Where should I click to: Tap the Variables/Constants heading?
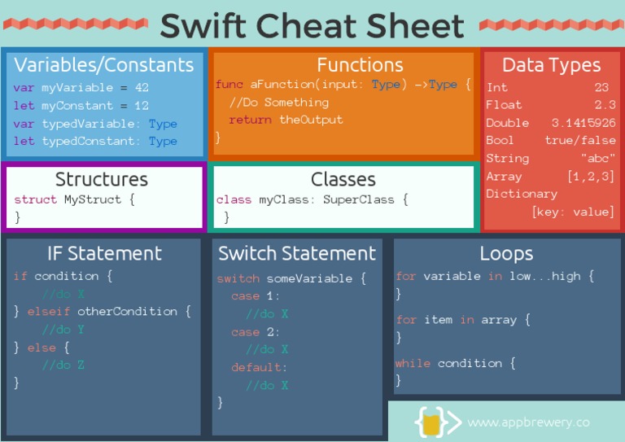(x=104, y=65)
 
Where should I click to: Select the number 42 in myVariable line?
(x=140, y=88)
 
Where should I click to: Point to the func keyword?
(x=229, y=85)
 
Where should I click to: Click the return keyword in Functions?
(x=251, y=120)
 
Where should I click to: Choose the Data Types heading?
(x=551, y=65)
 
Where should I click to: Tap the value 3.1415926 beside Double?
(x=583, y=123)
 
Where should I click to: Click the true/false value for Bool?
(x=579, y=141)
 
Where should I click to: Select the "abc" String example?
(x=597, y=159)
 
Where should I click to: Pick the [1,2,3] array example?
(x=591, y=177)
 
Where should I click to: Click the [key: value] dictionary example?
(x=573, y=212)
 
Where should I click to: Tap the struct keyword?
(x=35, y=199)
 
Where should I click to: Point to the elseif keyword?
(x=49, y=312)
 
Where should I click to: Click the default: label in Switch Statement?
(x=259, y=368)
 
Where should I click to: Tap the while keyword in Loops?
(x=413, y=363)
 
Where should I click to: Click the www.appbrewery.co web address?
(x=528, y=422)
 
